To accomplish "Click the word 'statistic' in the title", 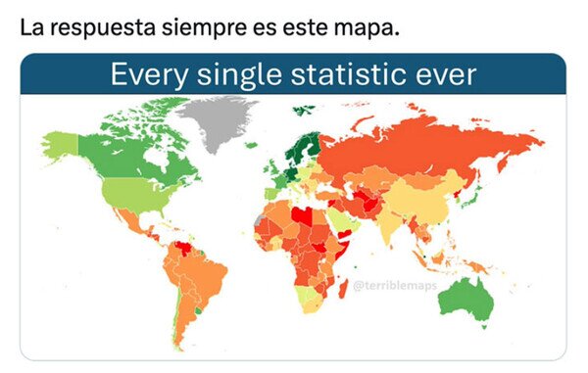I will (x=342, y=75).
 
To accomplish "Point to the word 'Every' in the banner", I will (x=143, y=75).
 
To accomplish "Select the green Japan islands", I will (x=472, y=201).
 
